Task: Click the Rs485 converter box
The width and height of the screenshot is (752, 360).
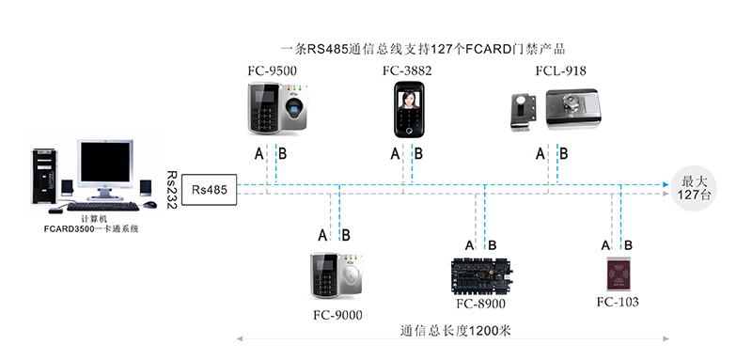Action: coord(208,188)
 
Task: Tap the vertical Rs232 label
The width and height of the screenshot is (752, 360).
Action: coord(171,189)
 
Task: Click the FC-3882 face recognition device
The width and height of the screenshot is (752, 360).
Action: coord(410,111)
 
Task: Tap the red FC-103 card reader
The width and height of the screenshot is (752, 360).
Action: coord(619,274)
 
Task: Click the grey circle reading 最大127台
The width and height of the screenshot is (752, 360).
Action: coord(697,187)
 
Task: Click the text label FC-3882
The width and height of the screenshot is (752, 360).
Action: coord(408,70)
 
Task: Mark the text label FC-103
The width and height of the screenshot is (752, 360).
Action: coord(618,302)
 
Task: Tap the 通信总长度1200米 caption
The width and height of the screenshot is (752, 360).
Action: coord(454,330)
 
